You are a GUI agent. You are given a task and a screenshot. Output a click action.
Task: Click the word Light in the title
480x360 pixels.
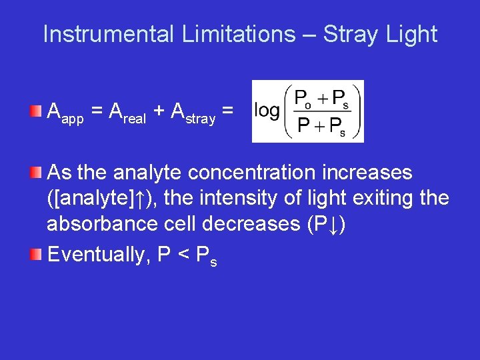412,34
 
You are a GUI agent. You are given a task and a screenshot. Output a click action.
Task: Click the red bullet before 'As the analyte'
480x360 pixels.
38,173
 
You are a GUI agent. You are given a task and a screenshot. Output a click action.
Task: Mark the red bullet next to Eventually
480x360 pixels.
38,254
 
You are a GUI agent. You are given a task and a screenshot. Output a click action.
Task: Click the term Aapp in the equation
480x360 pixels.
65,113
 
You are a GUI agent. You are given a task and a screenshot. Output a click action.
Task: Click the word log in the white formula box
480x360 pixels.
267,111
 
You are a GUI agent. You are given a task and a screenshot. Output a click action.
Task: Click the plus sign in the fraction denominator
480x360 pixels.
321,125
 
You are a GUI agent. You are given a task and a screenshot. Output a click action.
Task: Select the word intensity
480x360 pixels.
220,198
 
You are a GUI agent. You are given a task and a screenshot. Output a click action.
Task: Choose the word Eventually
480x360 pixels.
99,254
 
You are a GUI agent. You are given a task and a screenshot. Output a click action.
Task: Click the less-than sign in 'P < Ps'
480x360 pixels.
184,255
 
